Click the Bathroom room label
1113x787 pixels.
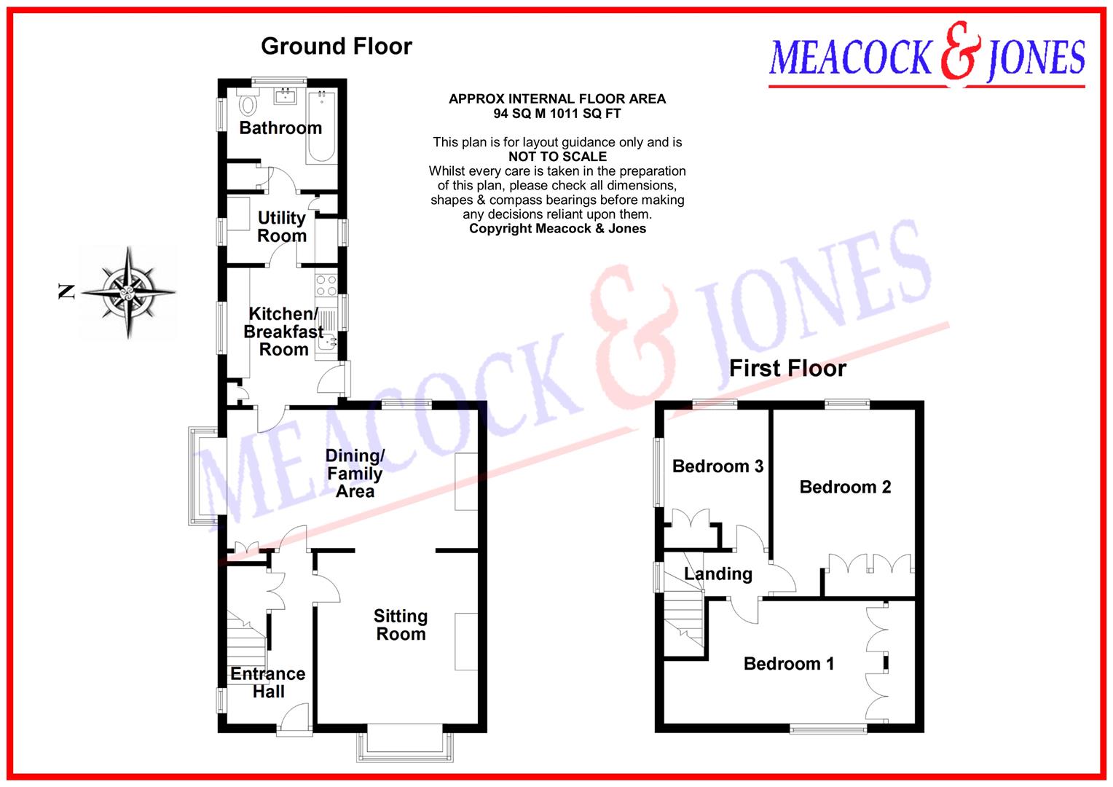(x=280, y=128)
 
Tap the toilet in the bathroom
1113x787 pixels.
(x=248, y=105)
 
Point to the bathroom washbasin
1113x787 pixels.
(x=285, y=95)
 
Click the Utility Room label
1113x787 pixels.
(x=282, y=227)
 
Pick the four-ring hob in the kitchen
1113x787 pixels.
(x=326, y=285)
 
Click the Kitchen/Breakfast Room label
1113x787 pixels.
(x=283, y=332)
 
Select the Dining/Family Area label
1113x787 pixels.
(x=355, y=474)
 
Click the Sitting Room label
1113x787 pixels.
(x=401, y=625)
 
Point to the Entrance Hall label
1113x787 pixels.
(x=268, y=683)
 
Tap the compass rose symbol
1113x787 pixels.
(x=129, y=293)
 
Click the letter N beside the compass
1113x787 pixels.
(x=66, y=293)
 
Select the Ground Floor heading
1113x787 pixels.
(x=337, y=47)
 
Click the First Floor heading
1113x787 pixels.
(x=787, y=369)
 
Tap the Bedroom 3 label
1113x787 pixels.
(x=717, y=466)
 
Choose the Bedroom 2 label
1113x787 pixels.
(x=845, y=487)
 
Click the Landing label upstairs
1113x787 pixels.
(x=718, y=574)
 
